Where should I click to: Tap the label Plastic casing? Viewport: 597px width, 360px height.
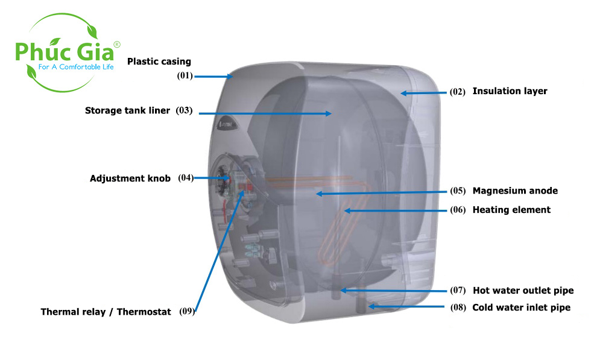[159, 62]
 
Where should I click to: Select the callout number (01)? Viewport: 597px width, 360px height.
[185, 77]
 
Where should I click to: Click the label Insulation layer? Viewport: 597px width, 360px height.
[510, 91]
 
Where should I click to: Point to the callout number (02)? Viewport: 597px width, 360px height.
[458, 92]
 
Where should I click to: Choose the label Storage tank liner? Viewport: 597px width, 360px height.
[128, 110]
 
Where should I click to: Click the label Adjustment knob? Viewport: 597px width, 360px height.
[130, 178]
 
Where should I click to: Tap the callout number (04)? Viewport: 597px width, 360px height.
[186, 178]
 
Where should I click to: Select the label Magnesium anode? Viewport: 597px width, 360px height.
[515, 191]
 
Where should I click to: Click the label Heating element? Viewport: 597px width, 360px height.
[511, 210]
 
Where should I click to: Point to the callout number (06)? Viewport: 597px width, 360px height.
[458, 210]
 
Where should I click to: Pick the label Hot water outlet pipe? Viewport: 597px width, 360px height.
[523, 291]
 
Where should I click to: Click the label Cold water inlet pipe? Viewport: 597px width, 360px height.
[521, 308]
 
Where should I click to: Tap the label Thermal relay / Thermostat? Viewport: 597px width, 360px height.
[106, 312]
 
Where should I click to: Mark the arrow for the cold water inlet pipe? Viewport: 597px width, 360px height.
[407, 307]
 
